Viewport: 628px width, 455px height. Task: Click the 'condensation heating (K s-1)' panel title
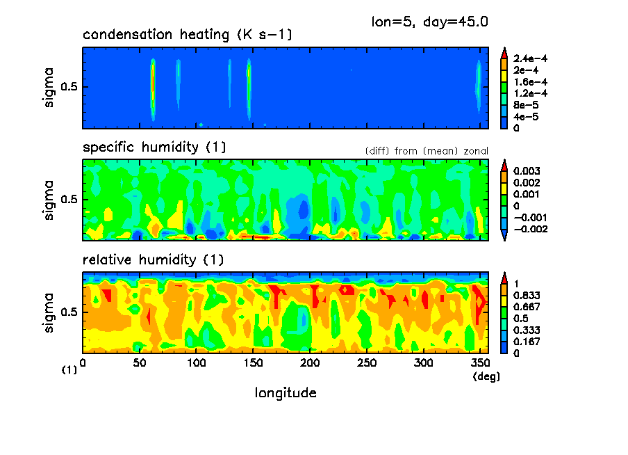click(x=187, y=35)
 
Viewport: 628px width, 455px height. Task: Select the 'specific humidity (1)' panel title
click(x=154, y=147)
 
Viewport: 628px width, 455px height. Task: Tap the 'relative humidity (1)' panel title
click(x=153, y=260)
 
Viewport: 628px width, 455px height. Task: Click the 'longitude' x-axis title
click(x=286, y=393)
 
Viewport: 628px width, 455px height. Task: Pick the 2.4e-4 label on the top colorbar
click(x=531, y=59)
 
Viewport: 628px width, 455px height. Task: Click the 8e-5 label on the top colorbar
click(x=525, y=105)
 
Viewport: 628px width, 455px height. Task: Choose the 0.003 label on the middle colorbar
click(x=526, y=171)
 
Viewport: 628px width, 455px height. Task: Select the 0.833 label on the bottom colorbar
click(x=526, y=296)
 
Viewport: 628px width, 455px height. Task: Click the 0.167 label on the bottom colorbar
click(x=526, y=342)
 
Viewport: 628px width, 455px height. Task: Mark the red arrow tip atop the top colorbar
click(x=505, y=51)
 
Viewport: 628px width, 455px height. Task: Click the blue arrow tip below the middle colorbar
click(x=505, y=237)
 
